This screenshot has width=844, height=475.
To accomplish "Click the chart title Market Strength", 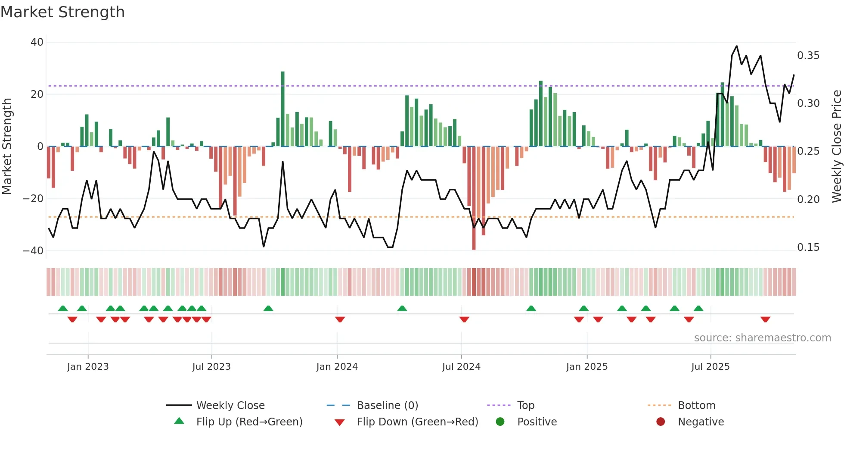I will (x=62, y=12).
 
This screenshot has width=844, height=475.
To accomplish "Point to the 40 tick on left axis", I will (x=37, y=42).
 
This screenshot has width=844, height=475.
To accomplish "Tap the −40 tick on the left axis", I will (x=33, y=251).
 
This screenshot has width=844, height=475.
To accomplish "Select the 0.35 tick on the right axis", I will (x=808, y=56).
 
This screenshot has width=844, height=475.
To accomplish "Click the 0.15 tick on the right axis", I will (x=808, y=247).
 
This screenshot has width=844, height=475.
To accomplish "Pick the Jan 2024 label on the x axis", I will (x=337, y=367).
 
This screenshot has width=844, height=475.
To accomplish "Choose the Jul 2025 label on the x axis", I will (x=711, y=367).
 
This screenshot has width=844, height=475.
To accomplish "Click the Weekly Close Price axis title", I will (x=836, y=147).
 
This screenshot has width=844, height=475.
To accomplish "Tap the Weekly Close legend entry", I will (x=230, y=406).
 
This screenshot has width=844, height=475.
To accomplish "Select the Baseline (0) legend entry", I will (x=387, y=406).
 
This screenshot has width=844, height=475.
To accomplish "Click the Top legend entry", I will (x=525, y=406).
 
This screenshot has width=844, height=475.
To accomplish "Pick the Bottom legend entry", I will (x=696, y=406).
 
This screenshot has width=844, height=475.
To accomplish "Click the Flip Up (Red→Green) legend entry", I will (x=249, y=422).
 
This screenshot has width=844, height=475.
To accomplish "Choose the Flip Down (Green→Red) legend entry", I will (x=417, y=422).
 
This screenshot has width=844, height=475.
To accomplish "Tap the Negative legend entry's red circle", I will (x=661, y=422).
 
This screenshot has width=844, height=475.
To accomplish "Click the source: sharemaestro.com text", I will (x=762, y=338).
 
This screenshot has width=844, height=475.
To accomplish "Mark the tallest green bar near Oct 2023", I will (x=283, y=108).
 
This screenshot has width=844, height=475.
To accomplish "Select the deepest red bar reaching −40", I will (x=474, y=198).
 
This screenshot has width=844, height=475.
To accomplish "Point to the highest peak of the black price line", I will (x=736, y=46).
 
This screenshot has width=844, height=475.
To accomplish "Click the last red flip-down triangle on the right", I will (x=765, y=319).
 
